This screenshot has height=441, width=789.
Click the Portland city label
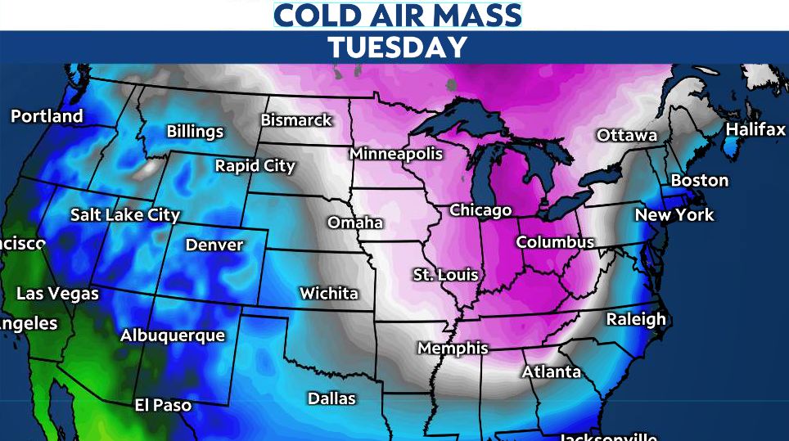47,116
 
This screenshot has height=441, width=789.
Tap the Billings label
195,132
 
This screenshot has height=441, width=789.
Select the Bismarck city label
296,120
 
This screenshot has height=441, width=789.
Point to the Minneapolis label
396,154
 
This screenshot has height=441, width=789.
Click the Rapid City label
255,166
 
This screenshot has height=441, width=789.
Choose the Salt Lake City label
124,215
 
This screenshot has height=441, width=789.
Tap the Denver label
214,245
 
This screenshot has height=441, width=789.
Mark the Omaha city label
355,223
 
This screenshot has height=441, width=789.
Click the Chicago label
480,211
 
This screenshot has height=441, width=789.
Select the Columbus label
555,243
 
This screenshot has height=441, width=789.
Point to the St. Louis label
445,275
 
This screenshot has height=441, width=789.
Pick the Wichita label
329,293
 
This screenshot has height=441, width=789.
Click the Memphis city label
453,349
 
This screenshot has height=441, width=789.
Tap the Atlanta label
552,372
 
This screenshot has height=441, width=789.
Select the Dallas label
331,398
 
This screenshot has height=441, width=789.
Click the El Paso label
163,405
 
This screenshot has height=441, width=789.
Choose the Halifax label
755,130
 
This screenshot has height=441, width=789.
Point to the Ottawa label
627,135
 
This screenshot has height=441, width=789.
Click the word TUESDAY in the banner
398,47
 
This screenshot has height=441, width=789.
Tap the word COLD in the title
315,15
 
